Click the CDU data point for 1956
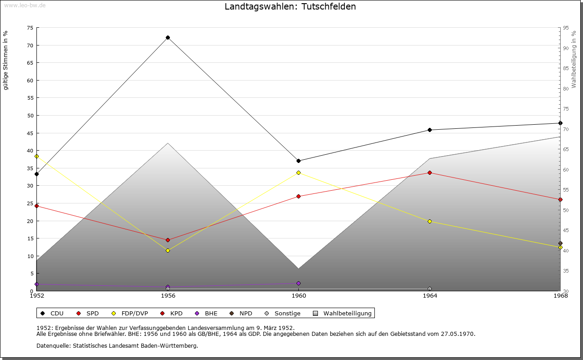point(168,37)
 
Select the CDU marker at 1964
point(430,130)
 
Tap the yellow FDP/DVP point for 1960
point(298,172)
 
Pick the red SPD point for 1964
point(430,172)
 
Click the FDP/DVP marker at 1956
point(168,250)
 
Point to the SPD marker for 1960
point(298,196)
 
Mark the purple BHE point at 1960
point(298,283)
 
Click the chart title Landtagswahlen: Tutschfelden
point(290,6)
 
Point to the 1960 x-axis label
point(298,296)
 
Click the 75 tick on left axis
point(30,28)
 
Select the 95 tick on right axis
point(566,28)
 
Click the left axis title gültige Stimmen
point(5,60)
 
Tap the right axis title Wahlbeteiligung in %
point(574,60)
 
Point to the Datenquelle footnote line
point(117,345)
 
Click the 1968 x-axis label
point(560,296)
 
